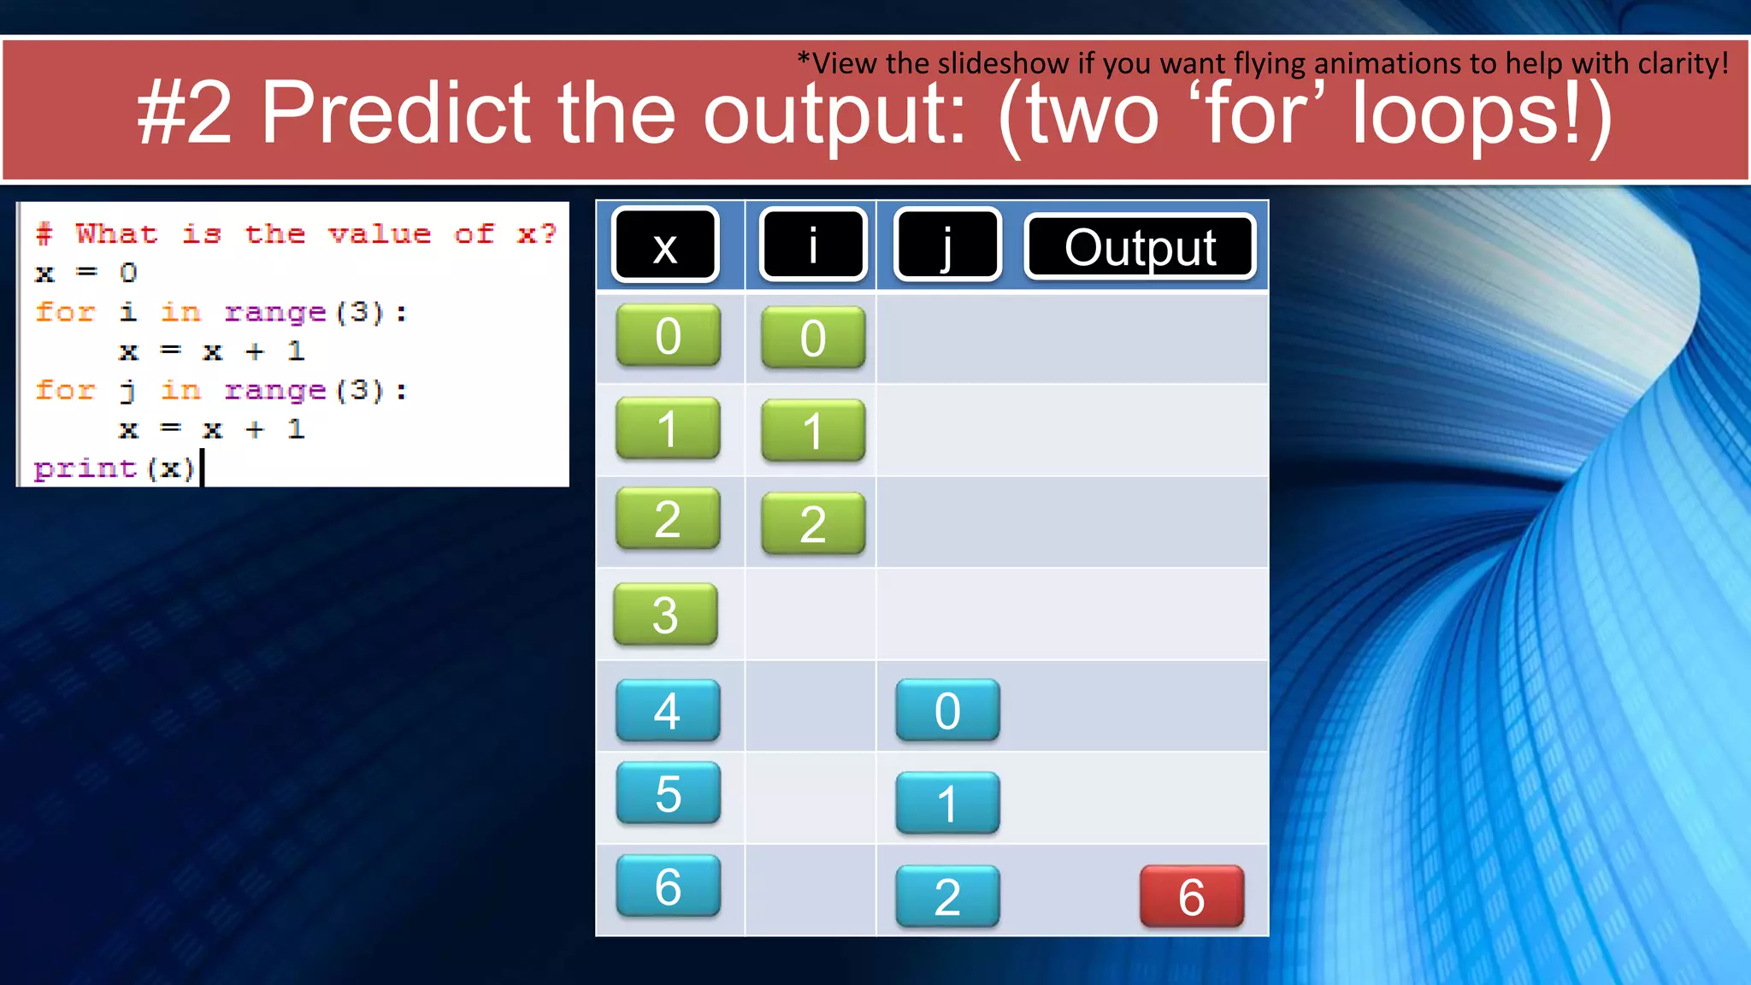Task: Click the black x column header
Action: coord(665,245)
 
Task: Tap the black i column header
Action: coord(813,245)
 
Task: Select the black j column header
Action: coord(946,245)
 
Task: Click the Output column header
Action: coord(1140,247)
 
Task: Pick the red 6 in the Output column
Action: coord(1192,896)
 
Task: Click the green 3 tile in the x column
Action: coord(665,614)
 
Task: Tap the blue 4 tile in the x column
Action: coord(668,710)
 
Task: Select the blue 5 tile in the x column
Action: coord(668,793)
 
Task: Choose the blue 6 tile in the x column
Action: coord(668,886)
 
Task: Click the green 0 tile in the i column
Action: coord(813,338)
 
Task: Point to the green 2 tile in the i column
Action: coord(813,523)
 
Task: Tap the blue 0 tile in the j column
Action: coord(947,710)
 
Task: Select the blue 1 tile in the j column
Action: coord(947,803)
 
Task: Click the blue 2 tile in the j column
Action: coord(947,896)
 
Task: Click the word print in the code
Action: coord(85,469)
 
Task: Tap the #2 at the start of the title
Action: coord(185,113)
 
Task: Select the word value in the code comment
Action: coord(380,233)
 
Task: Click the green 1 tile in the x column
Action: coord(668,428)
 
